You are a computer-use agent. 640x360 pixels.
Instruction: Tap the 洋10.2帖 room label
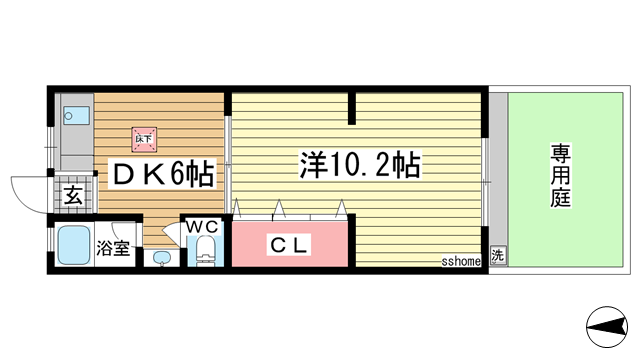coord(358,165)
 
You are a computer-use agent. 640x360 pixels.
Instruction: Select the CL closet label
coord(290,243)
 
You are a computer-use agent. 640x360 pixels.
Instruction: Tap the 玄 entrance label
coord(75,195)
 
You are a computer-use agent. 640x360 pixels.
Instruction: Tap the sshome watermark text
coord(462,261)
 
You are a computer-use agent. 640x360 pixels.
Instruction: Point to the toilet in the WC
coord(207,249)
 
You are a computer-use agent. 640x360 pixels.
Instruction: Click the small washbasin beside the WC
coord(164,259)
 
